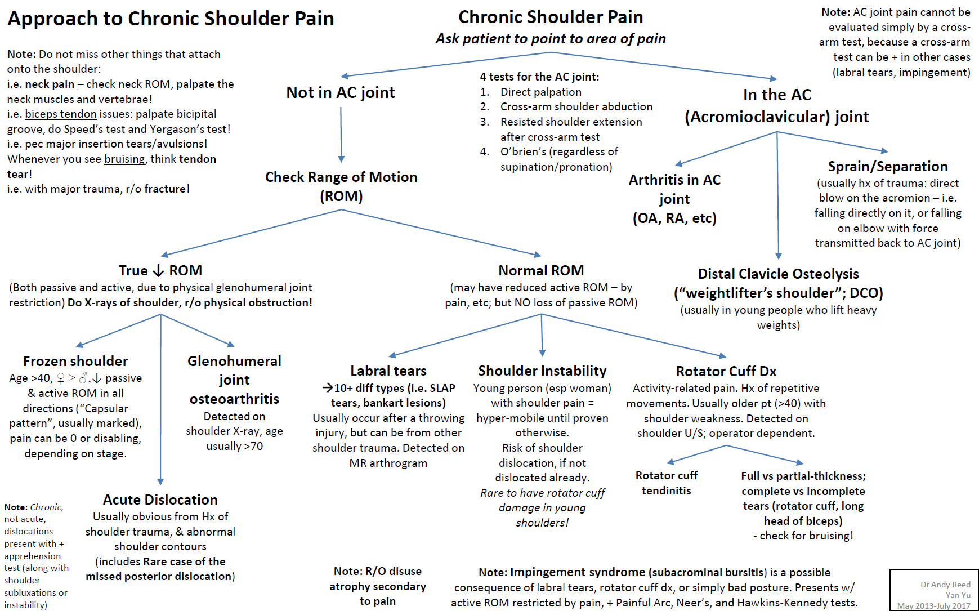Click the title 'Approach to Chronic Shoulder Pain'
coord(171,19)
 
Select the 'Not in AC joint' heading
coord(341,92)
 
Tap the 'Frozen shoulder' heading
coord(75,361)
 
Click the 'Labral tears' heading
coord(388,371)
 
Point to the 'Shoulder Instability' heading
coord(542,371)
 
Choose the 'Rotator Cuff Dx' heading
coord(726,371)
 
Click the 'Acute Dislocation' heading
coord(160,499)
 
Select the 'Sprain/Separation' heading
coord(888,166)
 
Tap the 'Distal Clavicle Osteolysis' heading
coord(778,274)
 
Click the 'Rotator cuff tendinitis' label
coord(667,483)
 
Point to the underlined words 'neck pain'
coord(50,84)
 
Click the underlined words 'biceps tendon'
coord(61,114)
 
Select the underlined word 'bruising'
coord(124,159)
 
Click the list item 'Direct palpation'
coord(540,92)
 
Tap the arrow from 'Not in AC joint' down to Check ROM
coord(341,135)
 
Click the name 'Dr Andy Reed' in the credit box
coord(945,585)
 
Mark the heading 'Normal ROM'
coord(541,270)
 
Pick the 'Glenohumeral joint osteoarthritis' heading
coord(234,380)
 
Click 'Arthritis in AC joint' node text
coord(674,198)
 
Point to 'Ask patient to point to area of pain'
coord(551,38)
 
